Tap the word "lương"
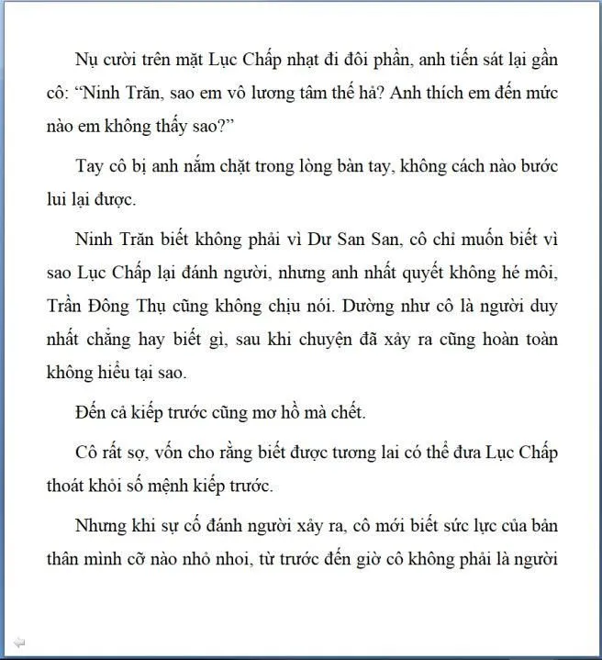click(251, 94)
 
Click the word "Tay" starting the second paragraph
click(89, 168)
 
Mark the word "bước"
click(538, 168)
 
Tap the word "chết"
click(346, 413)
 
